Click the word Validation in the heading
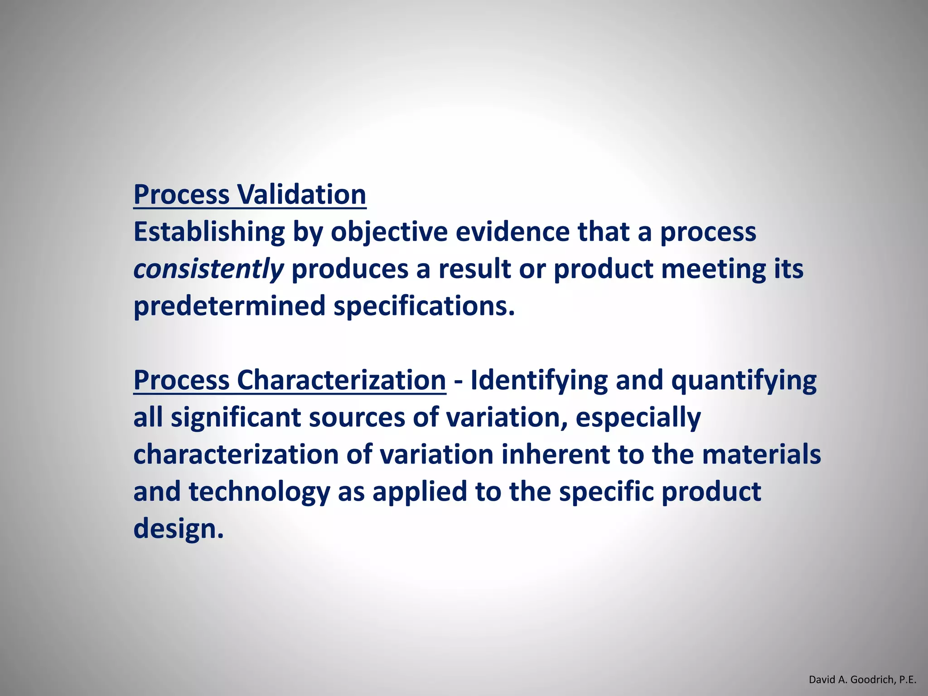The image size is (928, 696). click(x=301, y=194)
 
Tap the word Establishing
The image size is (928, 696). click(x=209, y=232)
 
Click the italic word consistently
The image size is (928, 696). click(x=208, y=269)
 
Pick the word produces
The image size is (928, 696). click(x=350, y=269)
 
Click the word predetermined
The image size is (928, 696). click(x=229, y=306)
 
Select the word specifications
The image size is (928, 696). click(x=424, y=306)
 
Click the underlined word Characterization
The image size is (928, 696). click(x=341, y=380)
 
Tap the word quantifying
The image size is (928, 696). click(x=744, y=380)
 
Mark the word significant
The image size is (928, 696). click(x=236, y=417)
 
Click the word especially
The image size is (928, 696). click(x=638, y=417)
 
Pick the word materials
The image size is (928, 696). click(x=761, y=454)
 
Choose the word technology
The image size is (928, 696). click(x=259, y=492)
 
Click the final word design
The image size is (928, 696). click(x=178, y=529)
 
